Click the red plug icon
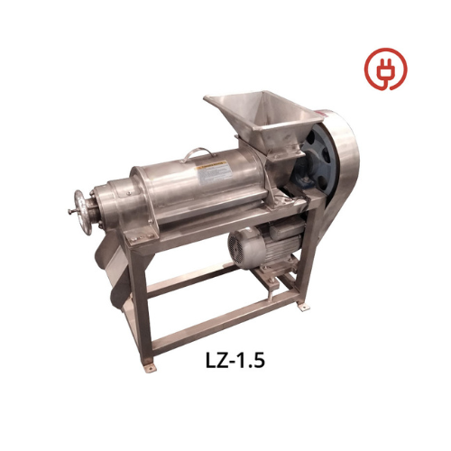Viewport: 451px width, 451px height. [385, 69]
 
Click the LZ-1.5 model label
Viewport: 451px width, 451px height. [235, 360]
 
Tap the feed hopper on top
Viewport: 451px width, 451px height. [263, 120]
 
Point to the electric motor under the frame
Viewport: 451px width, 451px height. [264, 246]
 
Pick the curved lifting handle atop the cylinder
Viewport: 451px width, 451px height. [198, 154]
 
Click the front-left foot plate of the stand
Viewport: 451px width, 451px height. [150, 367]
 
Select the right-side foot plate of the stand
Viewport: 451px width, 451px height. [304, 307]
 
